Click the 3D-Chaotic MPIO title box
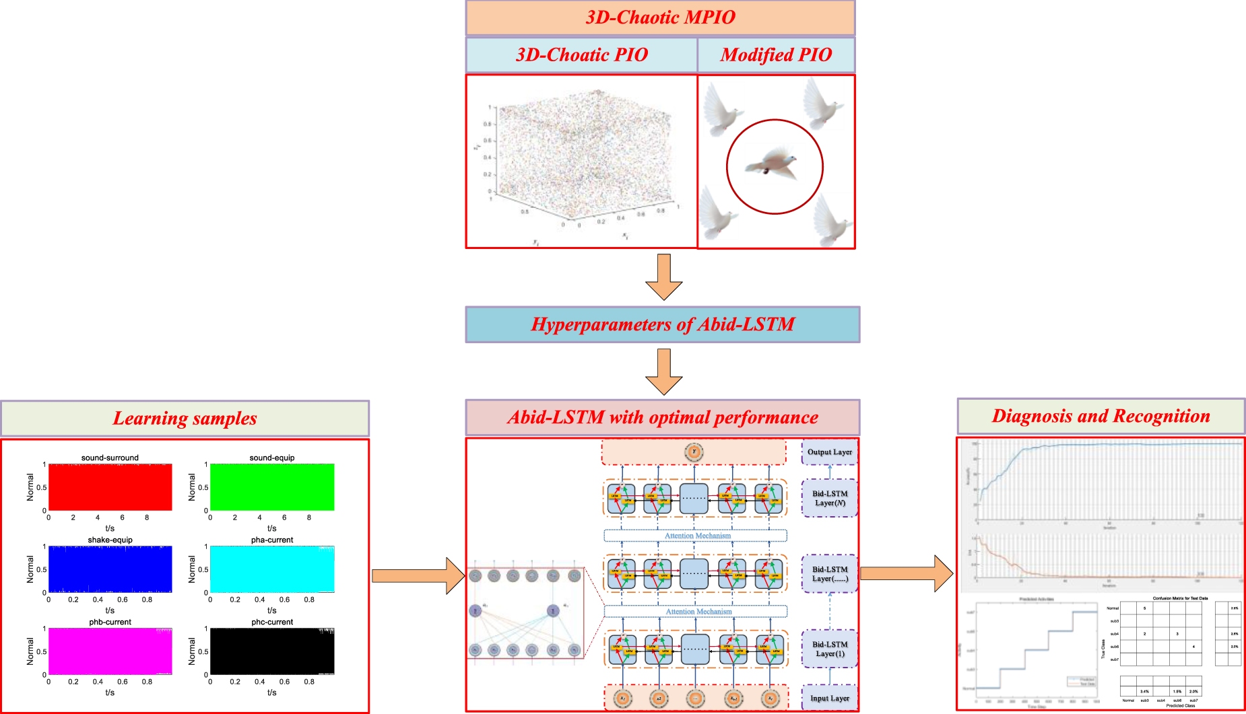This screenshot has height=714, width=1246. click(x=660, y=17)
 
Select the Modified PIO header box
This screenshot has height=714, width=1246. click(x=776, y=55)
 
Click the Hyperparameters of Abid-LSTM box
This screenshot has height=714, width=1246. click(x=663, y=324)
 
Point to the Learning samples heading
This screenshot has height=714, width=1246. click(x=185, y=418)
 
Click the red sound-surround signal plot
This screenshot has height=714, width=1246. click(x=110, y=487)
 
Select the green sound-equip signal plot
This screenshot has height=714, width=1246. click(x=272, y=487)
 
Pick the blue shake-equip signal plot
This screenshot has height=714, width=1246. click(x=110, y=569)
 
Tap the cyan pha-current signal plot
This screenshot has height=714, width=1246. click(x=272, y=569)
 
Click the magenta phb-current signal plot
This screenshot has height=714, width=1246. click(x=110, y=651)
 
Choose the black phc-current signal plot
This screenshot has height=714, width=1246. click(x=272, y=651)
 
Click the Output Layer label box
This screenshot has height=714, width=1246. click(x=829, y=452)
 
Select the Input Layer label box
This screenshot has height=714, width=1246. click(x=829, y=698)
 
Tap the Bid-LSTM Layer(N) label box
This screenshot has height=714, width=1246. click(x=829, y=498)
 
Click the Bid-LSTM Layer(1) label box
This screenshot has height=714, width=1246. click(x=829, y=649)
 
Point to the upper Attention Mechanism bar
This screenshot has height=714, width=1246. click(x=696, y=536)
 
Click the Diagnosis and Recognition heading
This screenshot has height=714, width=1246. click(x=1101, y=416)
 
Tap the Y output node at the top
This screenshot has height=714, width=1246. click(x=694, y=452)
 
